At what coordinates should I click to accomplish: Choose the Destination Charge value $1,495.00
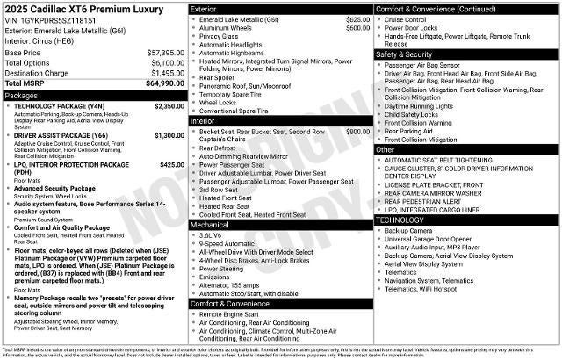point(164,73)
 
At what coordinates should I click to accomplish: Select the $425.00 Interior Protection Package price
point(172,164)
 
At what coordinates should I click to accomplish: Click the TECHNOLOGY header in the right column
point(400,219)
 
